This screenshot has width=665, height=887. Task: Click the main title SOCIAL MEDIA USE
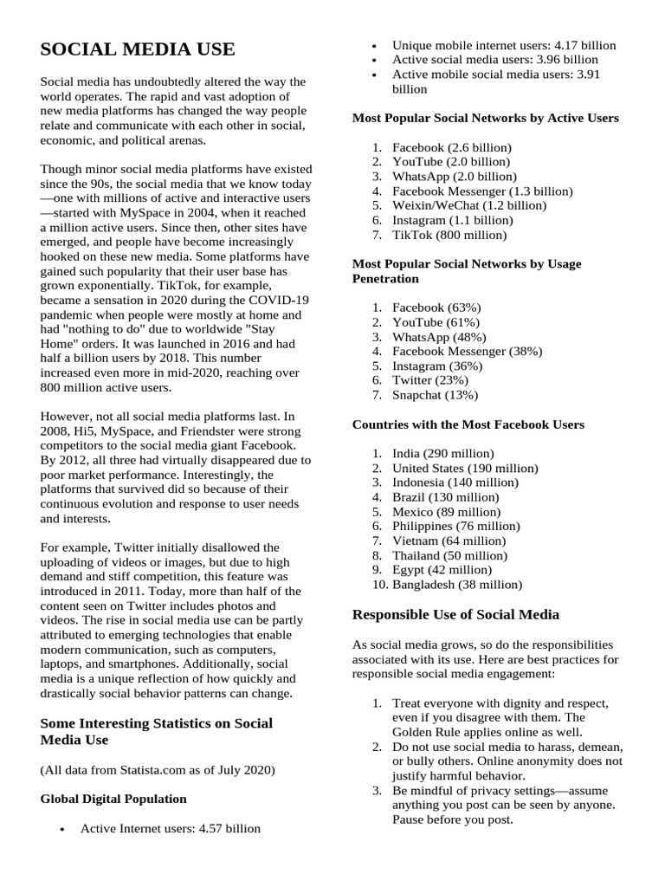138,49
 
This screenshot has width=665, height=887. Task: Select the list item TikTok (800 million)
449,235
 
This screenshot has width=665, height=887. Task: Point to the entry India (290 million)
442,453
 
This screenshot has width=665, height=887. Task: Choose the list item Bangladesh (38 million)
457,585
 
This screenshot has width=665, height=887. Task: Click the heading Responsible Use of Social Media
455,614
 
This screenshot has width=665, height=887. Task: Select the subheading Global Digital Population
113,799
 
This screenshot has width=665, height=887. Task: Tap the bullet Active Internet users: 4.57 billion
170,828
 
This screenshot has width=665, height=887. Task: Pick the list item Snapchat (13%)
435,395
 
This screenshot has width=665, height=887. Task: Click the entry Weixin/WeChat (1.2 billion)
469,205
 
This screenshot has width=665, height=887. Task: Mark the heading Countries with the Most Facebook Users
468,424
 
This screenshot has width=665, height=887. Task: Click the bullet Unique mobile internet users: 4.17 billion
504,45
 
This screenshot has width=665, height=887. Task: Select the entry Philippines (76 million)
456,526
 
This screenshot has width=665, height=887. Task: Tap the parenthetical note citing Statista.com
158,770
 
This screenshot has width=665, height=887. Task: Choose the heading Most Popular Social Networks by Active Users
485,118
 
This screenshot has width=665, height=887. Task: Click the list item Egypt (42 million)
442,570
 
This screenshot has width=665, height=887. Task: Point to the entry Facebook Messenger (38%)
467,351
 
